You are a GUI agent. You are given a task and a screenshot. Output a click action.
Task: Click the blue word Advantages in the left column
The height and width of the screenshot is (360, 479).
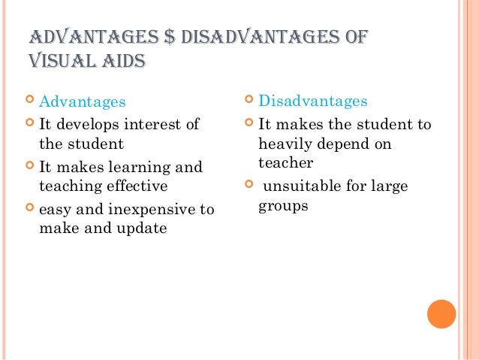click(x=83, y=101)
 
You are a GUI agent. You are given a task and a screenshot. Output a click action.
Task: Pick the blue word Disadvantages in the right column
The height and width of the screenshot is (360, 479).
click(x=312, y=101)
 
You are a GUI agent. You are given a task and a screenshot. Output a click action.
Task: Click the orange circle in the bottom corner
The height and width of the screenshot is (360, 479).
click(x=441, y=314)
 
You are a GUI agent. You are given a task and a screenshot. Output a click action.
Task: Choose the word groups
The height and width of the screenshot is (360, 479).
click(x=283, y=204)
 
